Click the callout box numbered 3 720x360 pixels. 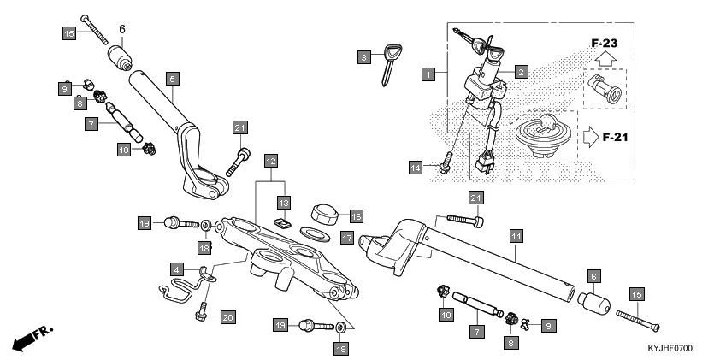click(x=364, y=56)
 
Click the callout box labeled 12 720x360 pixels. click(x=270, y=160)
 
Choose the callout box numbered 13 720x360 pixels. click(x=284, y=201)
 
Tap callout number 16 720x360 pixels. click(x=356, y=216)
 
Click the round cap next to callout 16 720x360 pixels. click(x=324, y=212)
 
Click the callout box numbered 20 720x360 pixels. click(x=227, y=317)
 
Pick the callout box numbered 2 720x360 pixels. click(x=521, y=73)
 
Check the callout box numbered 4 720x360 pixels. click(x=175, y=270)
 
